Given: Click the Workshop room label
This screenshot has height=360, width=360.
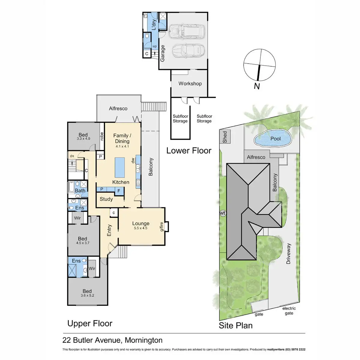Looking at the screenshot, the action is [x=190, y=83].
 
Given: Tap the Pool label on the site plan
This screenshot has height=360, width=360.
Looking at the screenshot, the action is [x=275, y=139].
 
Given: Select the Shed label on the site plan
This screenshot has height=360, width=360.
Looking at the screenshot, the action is [x=225, y=137].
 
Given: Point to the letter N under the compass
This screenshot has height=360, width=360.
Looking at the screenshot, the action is [x=257, y=86].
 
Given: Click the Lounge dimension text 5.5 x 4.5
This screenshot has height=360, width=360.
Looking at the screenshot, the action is [x=141, y=228].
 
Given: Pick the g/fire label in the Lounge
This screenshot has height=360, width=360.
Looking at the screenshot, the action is [x=162, y=226].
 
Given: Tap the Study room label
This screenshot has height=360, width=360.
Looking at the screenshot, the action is [x=106, y=199].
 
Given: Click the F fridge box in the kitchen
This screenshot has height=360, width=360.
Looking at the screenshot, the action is [x=119, y=190].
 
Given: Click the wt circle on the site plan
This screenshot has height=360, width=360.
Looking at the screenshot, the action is [x=223, y=213].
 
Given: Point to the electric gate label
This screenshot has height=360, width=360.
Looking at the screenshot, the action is [x=289, y=311].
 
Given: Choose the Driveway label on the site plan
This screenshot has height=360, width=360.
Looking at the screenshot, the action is [x=289, y=254].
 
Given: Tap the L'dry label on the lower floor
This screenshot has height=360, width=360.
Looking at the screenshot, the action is [x=154, y=25].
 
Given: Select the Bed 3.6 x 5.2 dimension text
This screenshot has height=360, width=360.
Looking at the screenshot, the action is [x=87, y=295].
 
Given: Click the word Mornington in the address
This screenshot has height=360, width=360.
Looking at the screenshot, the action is [x=143, y=340].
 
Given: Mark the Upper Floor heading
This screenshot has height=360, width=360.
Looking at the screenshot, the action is [x=90, y=323].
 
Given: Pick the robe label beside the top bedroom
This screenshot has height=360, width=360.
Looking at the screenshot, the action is [x=102, y=136].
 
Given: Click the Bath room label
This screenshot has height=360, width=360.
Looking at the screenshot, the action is [x=80, y=190].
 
